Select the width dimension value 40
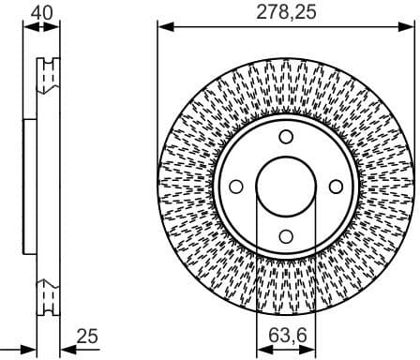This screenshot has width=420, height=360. click(40, 12)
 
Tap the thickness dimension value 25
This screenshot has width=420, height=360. click(86, 336)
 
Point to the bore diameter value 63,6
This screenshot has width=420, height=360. click(285, 336)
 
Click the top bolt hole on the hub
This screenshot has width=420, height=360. click(286, 137)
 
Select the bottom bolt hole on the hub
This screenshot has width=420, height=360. click(286, 235)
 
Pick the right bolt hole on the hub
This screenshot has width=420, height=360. click(335, 186)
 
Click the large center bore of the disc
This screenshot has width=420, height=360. click(286, 186)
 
